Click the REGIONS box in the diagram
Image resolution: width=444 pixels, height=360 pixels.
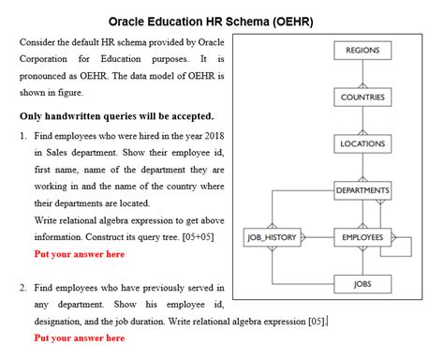click(363, 51)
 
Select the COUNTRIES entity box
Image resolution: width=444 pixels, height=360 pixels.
click(363, 97)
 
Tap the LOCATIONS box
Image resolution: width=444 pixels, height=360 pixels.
click(363, 143)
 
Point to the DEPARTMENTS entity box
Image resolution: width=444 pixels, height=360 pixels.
click(363, 190)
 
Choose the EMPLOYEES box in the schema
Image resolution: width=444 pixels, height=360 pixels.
click(363, 237)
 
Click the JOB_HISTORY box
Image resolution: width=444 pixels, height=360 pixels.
click(272, 237)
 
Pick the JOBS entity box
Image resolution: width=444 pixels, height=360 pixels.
click(363, 283)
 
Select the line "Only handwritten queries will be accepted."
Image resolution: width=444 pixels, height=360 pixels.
click(116, 116)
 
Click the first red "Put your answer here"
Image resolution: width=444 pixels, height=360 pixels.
click(79, 254)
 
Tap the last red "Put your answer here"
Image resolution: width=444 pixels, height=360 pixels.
click(79, 337)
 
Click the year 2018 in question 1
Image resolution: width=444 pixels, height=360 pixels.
click(213, 136)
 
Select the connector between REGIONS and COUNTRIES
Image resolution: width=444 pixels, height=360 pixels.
click(363, 74)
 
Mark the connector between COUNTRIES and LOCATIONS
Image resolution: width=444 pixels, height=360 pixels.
click(363, 121)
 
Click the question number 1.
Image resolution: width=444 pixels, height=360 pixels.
click(22, 136)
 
